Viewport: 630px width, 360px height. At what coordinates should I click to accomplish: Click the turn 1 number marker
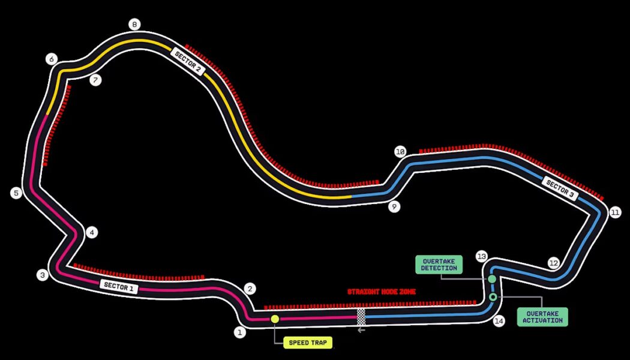pos(240,332)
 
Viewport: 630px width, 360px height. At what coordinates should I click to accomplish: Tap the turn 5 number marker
pos(16,193)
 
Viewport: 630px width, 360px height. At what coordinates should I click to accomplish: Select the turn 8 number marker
pos(134,25)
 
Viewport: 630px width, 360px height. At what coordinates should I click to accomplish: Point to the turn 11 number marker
pos(615,212)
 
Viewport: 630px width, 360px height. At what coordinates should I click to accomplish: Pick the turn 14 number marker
pos(499,321)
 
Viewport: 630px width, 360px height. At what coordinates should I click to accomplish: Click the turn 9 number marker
pos(394,207)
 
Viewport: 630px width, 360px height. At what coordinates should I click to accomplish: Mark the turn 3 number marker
pos(42,275)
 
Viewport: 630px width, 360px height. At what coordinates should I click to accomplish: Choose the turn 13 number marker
pos(481,256)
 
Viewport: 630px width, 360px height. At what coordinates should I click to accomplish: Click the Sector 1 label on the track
pos(119,287)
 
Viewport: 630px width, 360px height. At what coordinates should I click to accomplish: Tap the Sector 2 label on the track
pos(188,61)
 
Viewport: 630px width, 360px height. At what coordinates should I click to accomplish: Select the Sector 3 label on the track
pos(560,189)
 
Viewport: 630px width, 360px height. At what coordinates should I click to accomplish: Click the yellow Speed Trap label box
pos(308,343)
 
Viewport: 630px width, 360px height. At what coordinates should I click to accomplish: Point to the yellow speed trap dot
pos(275,319)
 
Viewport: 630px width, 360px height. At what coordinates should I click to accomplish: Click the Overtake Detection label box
pos(439,265)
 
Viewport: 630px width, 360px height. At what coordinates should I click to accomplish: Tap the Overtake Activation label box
pos(542,317)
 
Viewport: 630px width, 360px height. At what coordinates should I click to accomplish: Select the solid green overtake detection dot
pos(492,279)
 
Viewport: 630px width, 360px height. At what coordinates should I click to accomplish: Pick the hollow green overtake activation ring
pos(493,297)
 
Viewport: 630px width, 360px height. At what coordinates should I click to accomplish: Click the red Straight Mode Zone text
pos(382,292)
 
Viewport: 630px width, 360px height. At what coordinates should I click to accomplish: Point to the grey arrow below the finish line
pos(361,329)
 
